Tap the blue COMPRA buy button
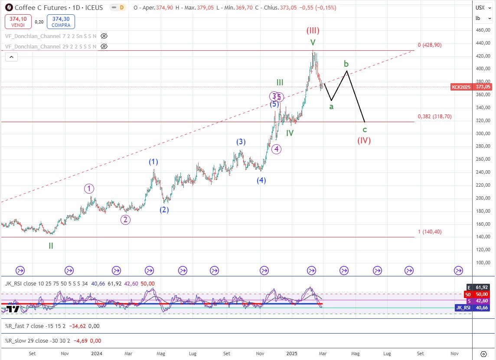tap(61, 21)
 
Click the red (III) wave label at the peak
tap(313, 31)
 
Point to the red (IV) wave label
tap(364, 140)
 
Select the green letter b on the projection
tap(346, 64)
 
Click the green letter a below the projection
tap(331, 107)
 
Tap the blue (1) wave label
tap(153, 162)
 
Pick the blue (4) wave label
tap(261, 181)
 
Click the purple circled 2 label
tap(125, 220)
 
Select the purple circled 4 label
tap(277, 149)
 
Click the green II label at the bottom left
tap(51, 246)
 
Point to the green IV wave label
tap(290, 133)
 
